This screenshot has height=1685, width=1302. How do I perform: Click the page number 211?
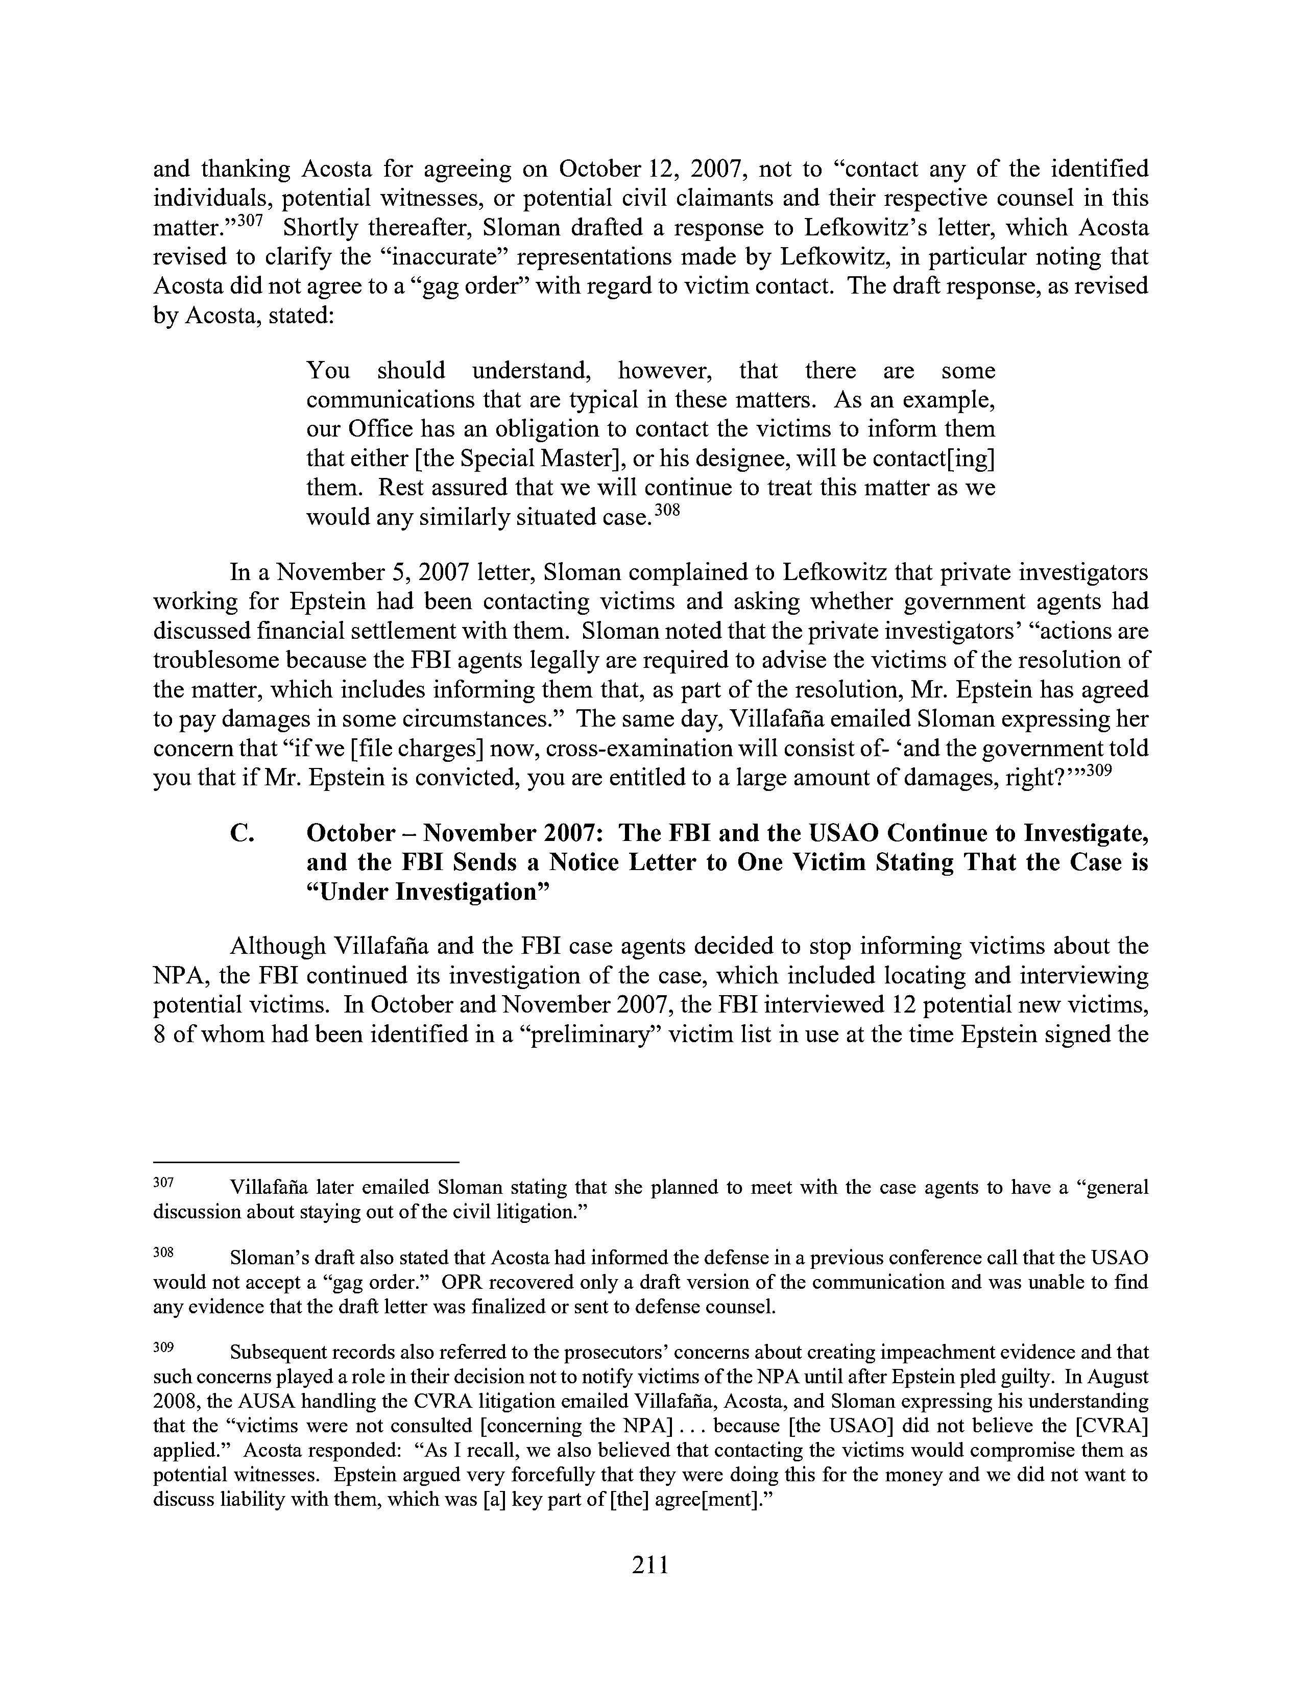(650, 1564)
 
